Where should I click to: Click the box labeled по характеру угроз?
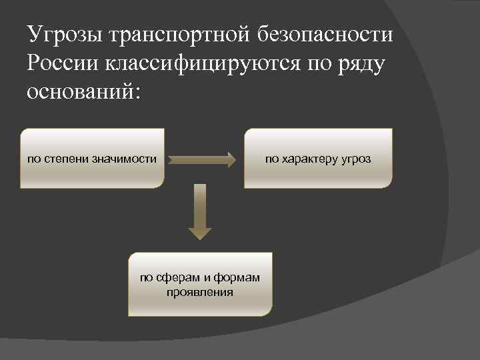click(x=318, y=159)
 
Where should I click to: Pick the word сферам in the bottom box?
click(x=175, y=278)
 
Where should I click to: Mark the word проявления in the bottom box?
click(x=201, y=291)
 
